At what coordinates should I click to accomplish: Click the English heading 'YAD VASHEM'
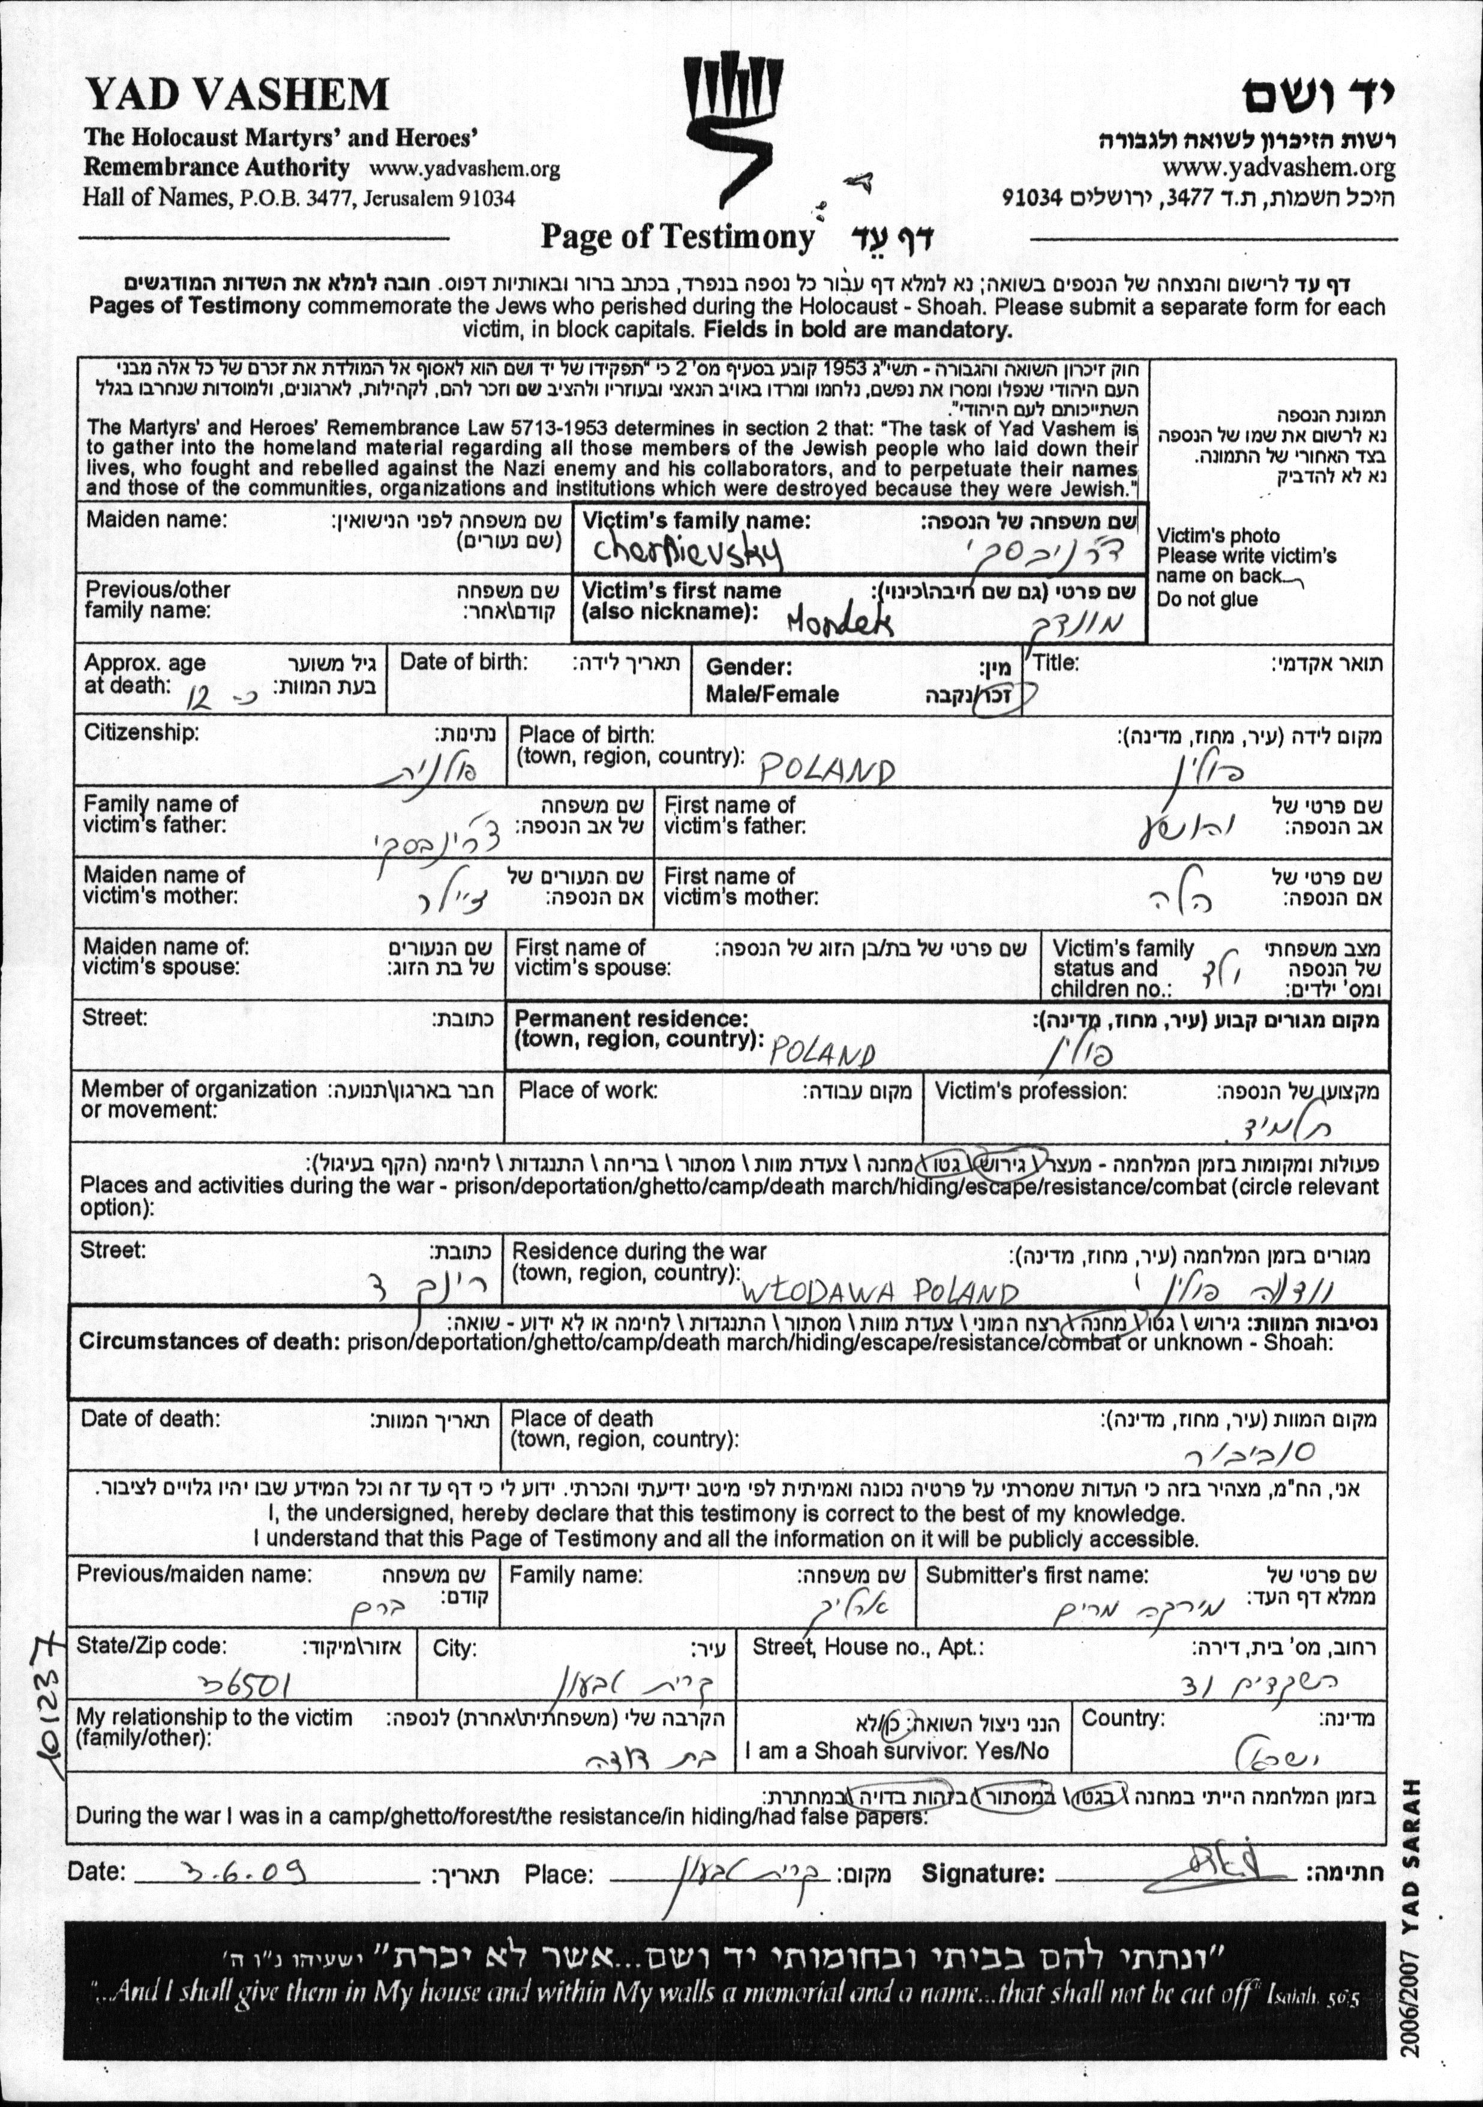[237, 95]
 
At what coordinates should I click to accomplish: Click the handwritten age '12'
[198, 701]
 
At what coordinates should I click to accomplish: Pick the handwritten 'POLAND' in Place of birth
[826, 771]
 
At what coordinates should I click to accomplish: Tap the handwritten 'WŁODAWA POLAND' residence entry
[879, 1293]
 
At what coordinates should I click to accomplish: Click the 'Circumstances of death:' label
[209, 1341]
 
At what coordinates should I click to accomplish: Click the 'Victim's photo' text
[1218, 535]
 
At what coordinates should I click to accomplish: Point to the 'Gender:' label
[749, 667]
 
